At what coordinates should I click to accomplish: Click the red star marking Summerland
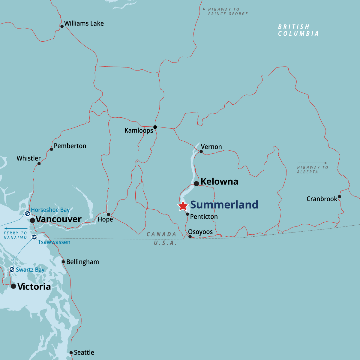pyautogui.click(x=183, y=206)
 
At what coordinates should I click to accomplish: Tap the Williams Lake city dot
pyautogui.click(x=62, y=26)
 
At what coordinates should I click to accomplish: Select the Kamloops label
pyautogui.click(x=139, y=130)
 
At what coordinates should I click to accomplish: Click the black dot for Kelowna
pyautogui.click(x=196, y=184)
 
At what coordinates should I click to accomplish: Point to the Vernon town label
pyautogui.click(x=211, y=147)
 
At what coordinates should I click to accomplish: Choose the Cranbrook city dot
pyautogui.click(x=339, y=197)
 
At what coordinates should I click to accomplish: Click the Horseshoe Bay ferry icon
pyautogui.click(x=27, y=214)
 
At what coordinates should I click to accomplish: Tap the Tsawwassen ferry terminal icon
pyautogui.click(x=34, y=237)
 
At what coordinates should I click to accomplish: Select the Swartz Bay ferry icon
pyautogui.click(x=12, y=269)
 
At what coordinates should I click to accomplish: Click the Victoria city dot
pyautogui.click(x=13, y=286)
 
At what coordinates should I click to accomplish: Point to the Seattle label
pyautogui.click(x=84, y=352)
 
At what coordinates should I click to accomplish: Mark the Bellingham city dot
pyautogui.click(x=63, y=262)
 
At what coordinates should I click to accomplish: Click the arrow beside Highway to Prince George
pyautogui.click(x=204, y=11)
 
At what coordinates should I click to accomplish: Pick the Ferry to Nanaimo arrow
pyautogui.click(x=16, y=229)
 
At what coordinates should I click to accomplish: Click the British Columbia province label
pyautogui.click(x=298, y=30)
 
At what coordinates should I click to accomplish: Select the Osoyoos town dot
pyautogui.click(x=190, y=237)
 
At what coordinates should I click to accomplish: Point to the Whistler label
pyautogui.click(x=28, y=158)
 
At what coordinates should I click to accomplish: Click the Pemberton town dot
pyautogui.click(x=51, y=149)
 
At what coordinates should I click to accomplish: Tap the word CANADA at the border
pyautogui.click(x=161, y=234)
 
